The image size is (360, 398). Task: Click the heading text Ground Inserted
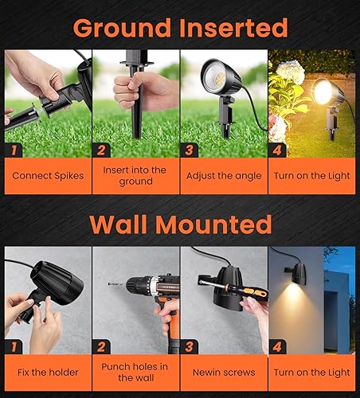pyautogui.click(x=180, y=29)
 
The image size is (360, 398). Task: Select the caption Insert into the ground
pyautogui.click(x=135, y=175)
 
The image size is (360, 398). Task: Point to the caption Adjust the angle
pyautogui.click(x=223, y=175)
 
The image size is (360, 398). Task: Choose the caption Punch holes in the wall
pyautogui.click(x=135, y=371)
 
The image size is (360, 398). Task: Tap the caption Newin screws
pyautogui.click(x=223, y=371)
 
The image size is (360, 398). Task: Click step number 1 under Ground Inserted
pyautogui.click(x=14, y=150)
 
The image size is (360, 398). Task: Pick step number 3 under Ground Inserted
pyautogui.click(x=190, y=150)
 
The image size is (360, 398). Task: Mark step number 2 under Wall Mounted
pyautogui.click(x=102, y=346)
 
